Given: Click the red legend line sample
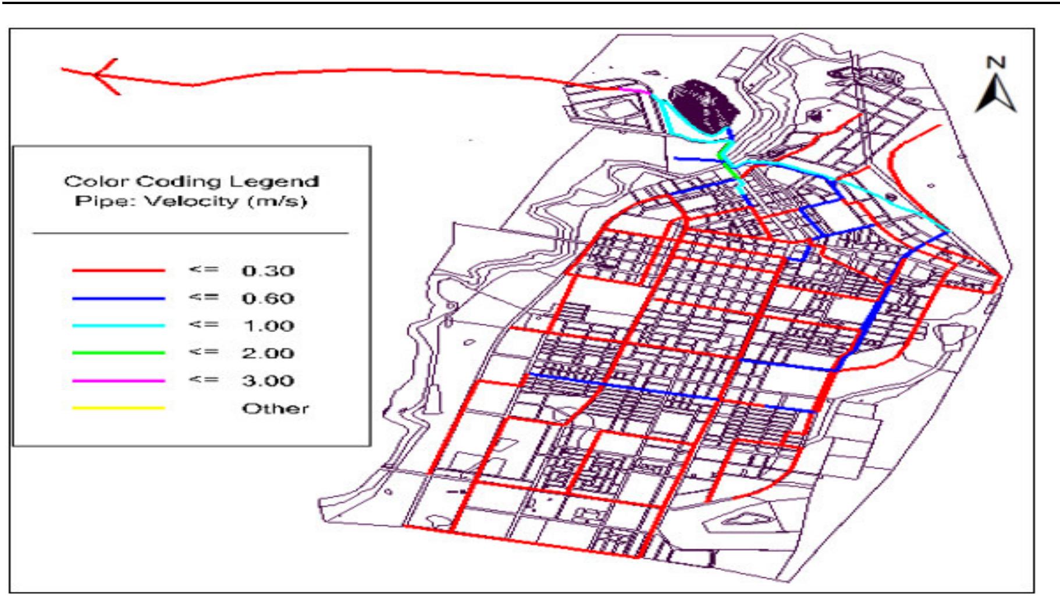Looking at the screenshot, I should [118, 270].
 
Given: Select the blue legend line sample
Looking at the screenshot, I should [118, 298].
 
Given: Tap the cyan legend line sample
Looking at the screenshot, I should [118, 326].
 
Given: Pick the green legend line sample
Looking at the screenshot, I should [118, 353].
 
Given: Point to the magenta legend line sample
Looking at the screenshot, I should [118, 381].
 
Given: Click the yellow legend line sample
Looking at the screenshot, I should [118, 408].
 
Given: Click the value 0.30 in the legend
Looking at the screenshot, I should [268, 270].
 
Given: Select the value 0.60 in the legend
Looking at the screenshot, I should [268, 298].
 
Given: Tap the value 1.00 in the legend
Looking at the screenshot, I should [268, 326].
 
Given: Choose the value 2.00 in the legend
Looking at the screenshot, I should [268, 353].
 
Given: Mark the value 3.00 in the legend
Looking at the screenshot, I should [268, 381].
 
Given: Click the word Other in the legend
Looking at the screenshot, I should [275, 408].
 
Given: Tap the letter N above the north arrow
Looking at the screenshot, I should [996, 63].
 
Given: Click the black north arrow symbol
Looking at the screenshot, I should [996, 96].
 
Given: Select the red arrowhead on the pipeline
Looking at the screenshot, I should [105, 75].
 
